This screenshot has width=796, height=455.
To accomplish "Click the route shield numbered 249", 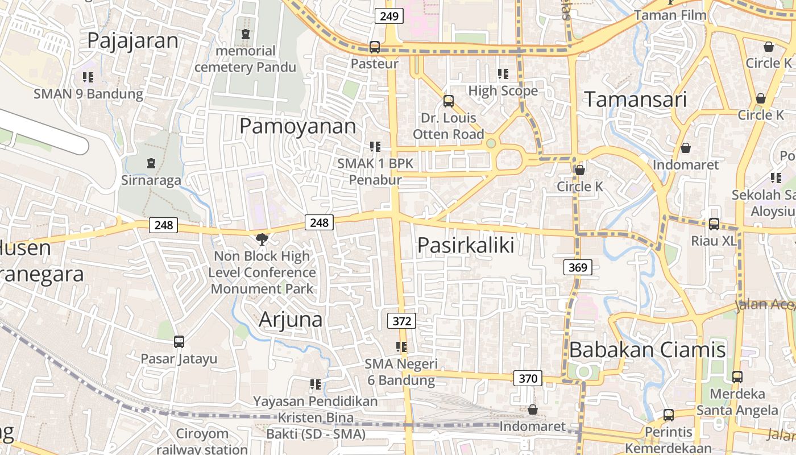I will [389, 16].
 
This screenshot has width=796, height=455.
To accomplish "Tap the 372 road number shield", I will [401, 321].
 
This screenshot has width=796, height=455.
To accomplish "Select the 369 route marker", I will [578, 267].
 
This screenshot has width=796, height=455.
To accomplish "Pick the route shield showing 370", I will [528, 378].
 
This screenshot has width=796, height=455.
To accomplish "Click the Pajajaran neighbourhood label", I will [132, 41].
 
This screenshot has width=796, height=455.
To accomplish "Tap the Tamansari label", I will [636, 100].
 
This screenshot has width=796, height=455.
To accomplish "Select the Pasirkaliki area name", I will [466, 245].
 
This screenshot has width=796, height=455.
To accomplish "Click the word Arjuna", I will [291, 320].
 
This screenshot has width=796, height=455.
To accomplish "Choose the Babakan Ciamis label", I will [647, 350].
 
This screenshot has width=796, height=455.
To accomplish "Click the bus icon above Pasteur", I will [374, 47].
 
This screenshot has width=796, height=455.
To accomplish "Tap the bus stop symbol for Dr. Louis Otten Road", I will [448, 101].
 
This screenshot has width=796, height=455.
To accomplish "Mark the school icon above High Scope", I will [503, 74].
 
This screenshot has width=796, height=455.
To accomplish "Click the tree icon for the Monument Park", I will [262, 239].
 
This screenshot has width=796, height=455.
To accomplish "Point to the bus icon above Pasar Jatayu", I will [179, 342].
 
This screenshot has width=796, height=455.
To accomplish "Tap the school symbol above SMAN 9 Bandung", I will [88, 77].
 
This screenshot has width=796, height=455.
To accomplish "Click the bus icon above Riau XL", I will [714, 224].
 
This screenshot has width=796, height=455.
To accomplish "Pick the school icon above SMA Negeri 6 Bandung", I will [401, 347].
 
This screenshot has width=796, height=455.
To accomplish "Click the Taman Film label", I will [670, 15].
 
